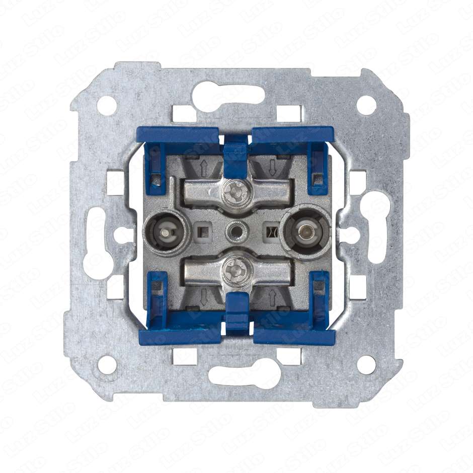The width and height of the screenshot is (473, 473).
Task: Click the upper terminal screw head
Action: coord(235,191)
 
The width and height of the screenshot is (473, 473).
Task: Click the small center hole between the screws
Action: coord(235,231)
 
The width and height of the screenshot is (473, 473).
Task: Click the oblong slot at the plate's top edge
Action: coord(236,93)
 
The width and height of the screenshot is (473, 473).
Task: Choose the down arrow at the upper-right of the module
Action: coord(272,166)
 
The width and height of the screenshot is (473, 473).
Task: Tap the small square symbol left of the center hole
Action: coord(203,231)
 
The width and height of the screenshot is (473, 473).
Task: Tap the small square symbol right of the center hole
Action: coord(272,232)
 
